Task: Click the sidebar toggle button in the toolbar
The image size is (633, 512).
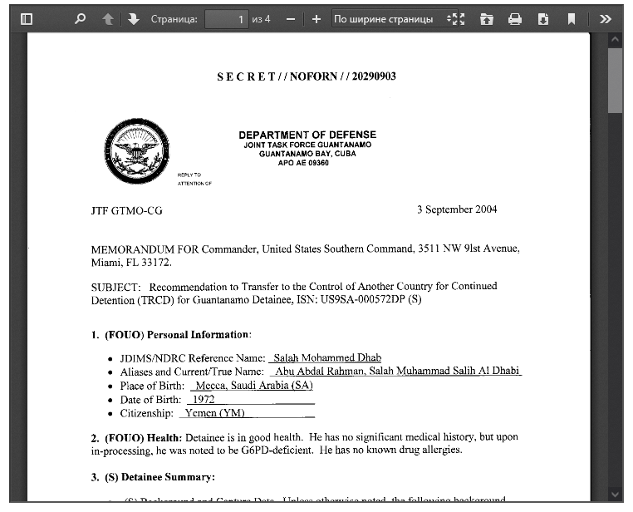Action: pos(27,18)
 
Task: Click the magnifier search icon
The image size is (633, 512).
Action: pos(81,18)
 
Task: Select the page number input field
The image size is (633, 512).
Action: pos(227,18)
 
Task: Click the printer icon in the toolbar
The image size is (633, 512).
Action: pos(515,18)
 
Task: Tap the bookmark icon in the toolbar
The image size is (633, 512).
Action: pos(572,18)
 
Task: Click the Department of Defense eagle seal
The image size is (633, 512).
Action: pos(135,151)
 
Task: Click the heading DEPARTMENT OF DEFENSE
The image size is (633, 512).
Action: pos(307,135)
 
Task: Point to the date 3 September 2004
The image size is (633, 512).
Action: pos(457,209)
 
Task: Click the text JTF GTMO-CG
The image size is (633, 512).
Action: pos(126,211)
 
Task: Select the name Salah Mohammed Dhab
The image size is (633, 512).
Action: pos(326,357)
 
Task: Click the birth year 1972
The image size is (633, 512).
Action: pos(204,399)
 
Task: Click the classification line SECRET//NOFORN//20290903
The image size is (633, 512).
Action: pos(307,76)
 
